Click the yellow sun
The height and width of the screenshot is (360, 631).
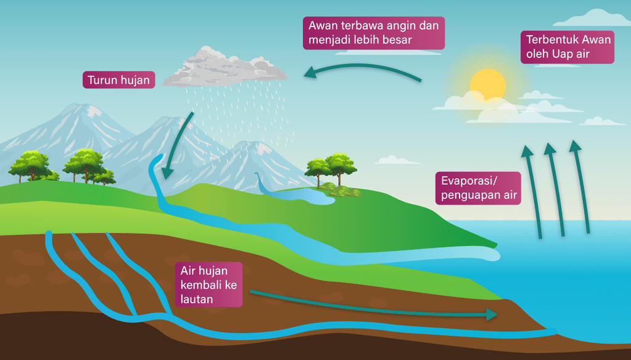coord(487,84)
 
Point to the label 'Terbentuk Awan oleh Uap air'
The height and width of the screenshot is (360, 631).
coord(567,47)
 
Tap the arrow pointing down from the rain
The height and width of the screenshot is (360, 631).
coord(179,145)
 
